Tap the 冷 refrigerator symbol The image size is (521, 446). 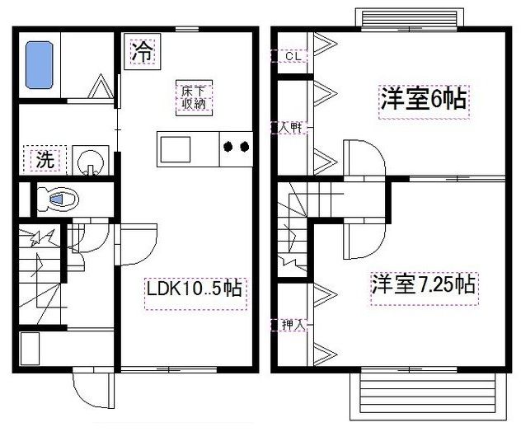(x=143, y=52)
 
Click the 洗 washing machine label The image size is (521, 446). (x=45, y=160)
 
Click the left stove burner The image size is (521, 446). (x=227, y=148)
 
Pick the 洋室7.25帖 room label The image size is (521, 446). (x=422, y=285)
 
